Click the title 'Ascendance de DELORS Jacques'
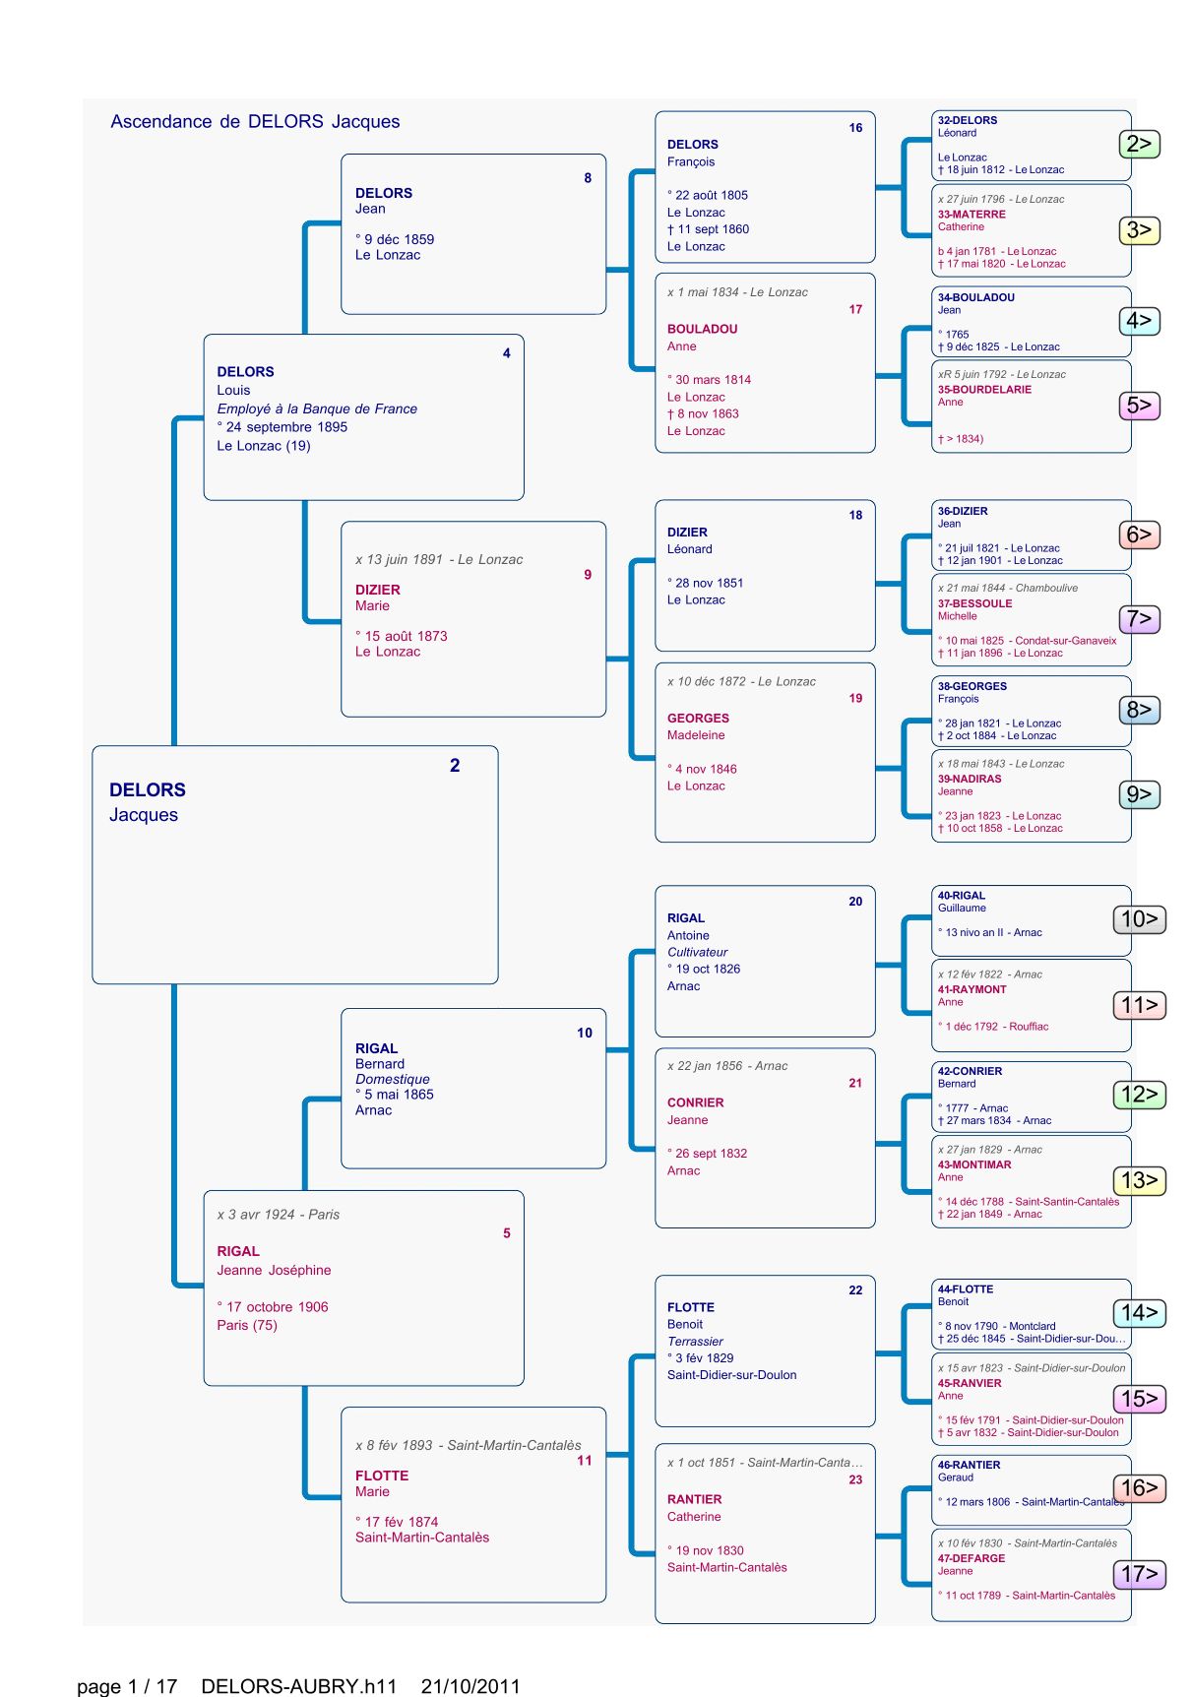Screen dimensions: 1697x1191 (255, 122)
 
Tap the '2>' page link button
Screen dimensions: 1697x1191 (1139, 144)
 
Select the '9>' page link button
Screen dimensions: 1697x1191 (1139, 794)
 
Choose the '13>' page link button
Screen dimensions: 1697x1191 (1139, 1180)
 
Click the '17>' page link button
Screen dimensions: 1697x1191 (1139, 1574)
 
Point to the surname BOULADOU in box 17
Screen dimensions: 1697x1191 (702, 330)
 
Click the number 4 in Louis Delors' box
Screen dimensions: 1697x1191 (507, 353)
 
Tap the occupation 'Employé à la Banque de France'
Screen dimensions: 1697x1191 (317, 409)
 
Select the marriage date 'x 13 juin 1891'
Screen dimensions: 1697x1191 (401, 560)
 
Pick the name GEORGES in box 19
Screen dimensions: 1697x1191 (698, 719)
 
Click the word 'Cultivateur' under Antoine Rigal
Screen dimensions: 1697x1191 (697, 952)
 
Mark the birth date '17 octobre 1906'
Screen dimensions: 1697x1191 (277, 1307)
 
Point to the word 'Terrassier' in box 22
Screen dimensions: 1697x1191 (695, 1342)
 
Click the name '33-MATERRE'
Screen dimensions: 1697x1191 (972, 215)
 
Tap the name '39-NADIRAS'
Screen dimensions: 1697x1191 (970, 779)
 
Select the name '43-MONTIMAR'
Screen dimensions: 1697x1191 (974, 1164)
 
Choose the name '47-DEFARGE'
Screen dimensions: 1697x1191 (972, 1558)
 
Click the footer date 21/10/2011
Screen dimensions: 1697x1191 (470, 1686)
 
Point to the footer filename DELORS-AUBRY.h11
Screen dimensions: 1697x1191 (298, 1686)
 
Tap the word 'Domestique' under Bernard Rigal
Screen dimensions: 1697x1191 (392, 1079)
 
